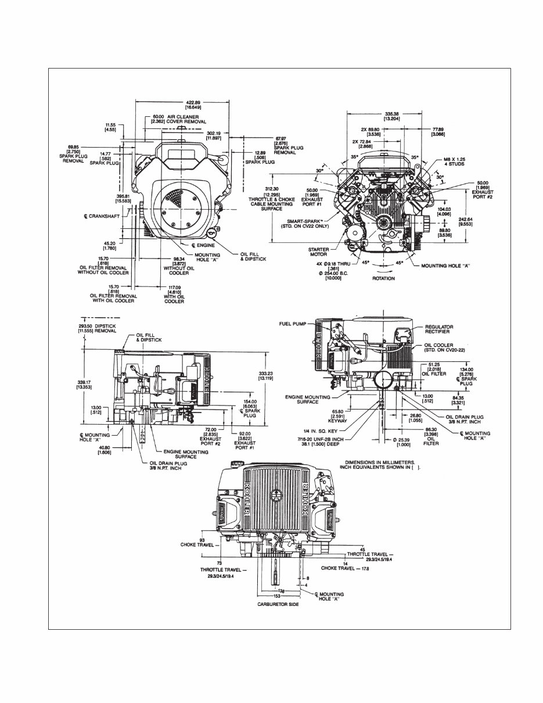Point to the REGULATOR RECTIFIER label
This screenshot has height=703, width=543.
click(439, 329)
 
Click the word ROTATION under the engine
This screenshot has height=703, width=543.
click(383, 278)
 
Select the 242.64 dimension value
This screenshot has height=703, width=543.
click(465, 221)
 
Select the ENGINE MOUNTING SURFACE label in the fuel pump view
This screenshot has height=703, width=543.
click(308, 400)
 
